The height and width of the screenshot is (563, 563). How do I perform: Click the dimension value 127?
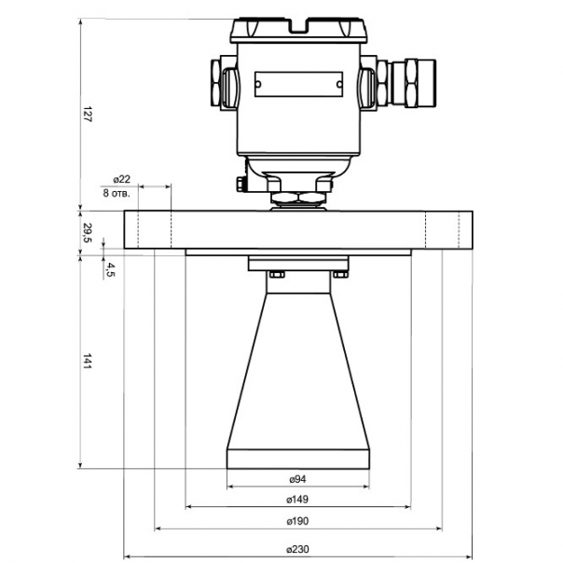tap(88, 114)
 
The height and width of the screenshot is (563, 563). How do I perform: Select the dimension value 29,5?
tap(88, 233)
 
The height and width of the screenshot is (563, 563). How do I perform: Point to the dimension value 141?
tap(88, 362)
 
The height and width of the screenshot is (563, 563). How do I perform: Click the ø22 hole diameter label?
tap(122, 179)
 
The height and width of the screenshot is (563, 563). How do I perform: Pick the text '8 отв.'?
tap(117, 193)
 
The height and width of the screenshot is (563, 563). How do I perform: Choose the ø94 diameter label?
tap(298, 478)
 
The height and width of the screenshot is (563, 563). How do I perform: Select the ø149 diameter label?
tap(297, 499)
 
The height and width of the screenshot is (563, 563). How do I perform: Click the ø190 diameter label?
tap(297, 521)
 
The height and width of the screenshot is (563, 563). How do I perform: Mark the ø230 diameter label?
tap(297, 549)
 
